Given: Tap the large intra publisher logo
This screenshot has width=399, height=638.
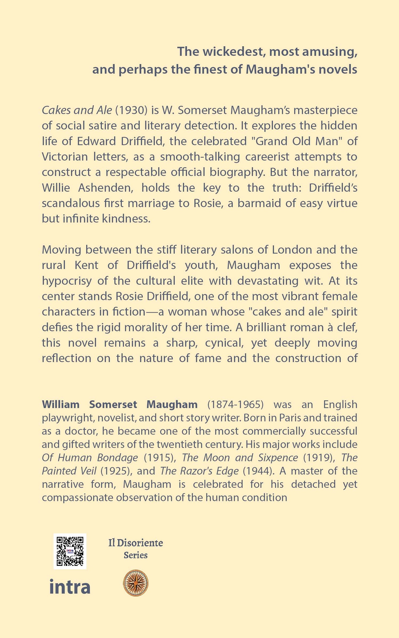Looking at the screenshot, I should pos(70,587).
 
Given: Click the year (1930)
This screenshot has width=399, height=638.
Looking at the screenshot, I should pos(131,110).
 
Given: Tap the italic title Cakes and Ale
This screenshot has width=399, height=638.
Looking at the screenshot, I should pos(77,110).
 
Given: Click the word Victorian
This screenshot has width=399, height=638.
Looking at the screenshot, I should pos(65,157).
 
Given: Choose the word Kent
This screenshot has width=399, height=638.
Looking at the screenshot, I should pos(86,265).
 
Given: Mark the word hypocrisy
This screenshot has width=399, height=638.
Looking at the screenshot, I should pos(67,281).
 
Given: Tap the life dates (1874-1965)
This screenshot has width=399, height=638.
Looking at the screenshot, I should pos(235,404).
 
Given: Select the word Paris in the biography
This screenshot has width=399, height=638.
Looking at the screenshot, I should pos(290,418).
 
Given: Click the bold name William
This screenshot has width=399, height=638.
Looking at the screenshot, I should pos(61,404).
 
